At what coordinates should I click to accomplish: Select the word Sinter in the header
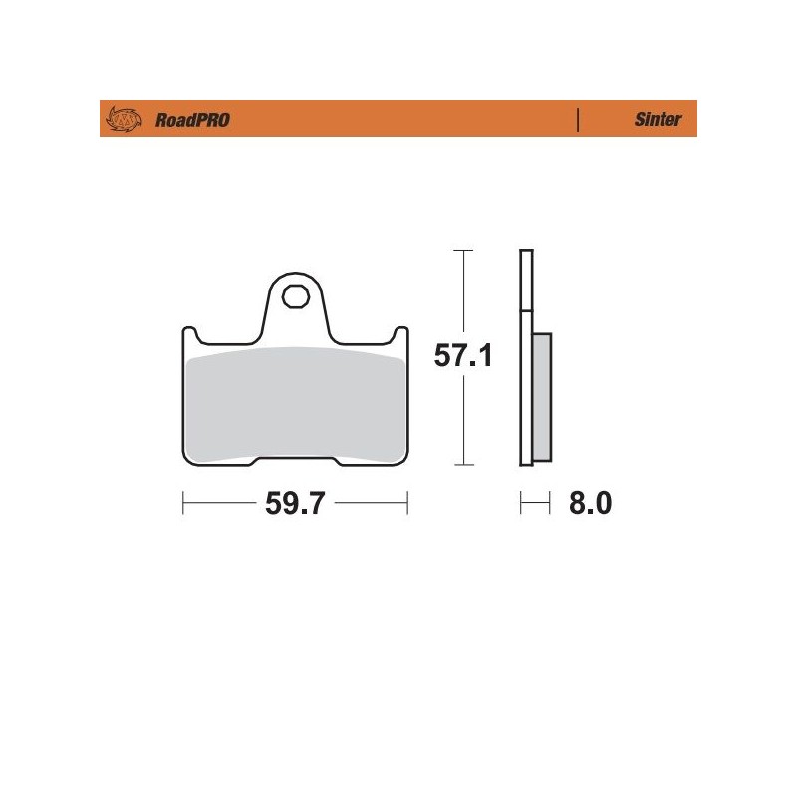[x=658, y=120]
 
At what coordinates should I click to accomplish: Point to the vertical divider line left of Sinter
[x=578, y=120]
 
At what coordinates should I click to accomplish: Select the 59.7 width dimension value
[x=296, y=504]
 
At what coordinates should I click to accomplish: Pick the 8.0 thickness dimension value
[x=589, y=504]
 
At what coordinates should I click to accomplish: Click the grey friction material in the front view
[x=295, y=403]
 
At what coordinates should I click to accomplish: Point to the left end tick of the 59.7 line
[x=183, y=504]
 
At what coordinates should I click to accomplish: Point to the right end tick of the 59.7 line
[x=407, y=504]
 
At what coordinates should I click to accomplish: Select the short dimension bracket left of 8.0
[x=535, y=504]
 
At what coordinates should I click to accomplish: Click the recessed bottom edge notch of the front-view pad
[x=295, y=459]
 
